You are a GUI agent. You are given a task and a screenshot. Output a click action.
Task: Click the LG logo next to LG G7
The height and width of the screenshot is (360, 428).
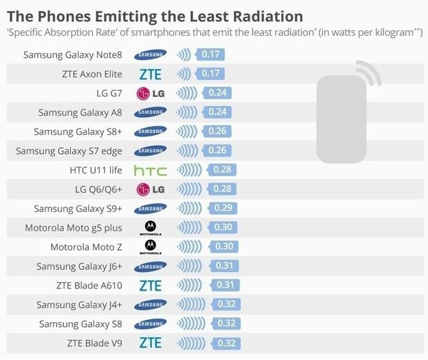point(150,93)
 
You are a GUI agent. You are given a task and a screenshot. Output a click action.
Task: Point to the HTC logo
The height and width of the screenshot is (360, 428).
point(150,170)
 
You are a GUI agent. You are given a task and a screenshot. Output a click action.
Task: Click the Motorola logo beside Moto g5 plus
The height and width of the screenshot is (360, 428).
point(150,228)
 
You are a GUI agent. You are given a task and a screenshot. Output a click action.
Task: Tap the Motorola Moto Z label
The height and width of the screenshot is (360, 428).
point(86,246)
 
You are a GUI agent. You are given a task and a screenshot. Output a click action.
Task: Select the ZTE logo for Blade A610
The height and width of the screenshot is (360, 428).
point(150,285)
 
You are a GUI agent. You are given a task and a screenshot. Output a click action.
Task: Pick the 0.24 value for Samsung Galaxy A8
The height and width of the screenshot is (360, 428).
point(216,112)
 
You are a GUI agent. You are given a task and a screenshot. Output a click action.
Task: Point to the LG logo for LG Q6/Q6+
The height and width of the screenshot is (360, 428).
point(150,189)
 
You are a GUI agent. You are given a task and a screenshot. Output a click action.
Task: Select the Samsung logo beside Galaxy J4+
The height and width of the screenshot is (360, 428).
point(150,304)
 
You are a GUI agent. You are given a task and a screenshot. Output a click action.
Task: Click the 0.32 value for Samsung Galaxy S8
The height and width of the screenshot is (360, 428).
point(226,323)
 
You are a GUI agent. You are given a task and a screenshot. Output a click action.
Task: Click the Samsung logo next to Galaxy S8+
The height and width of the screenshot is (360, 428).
point(150,131)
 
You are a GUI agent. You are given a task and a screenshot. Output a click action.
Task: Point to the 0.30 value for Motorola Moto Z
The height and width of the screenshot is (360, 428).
point(223,246)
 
